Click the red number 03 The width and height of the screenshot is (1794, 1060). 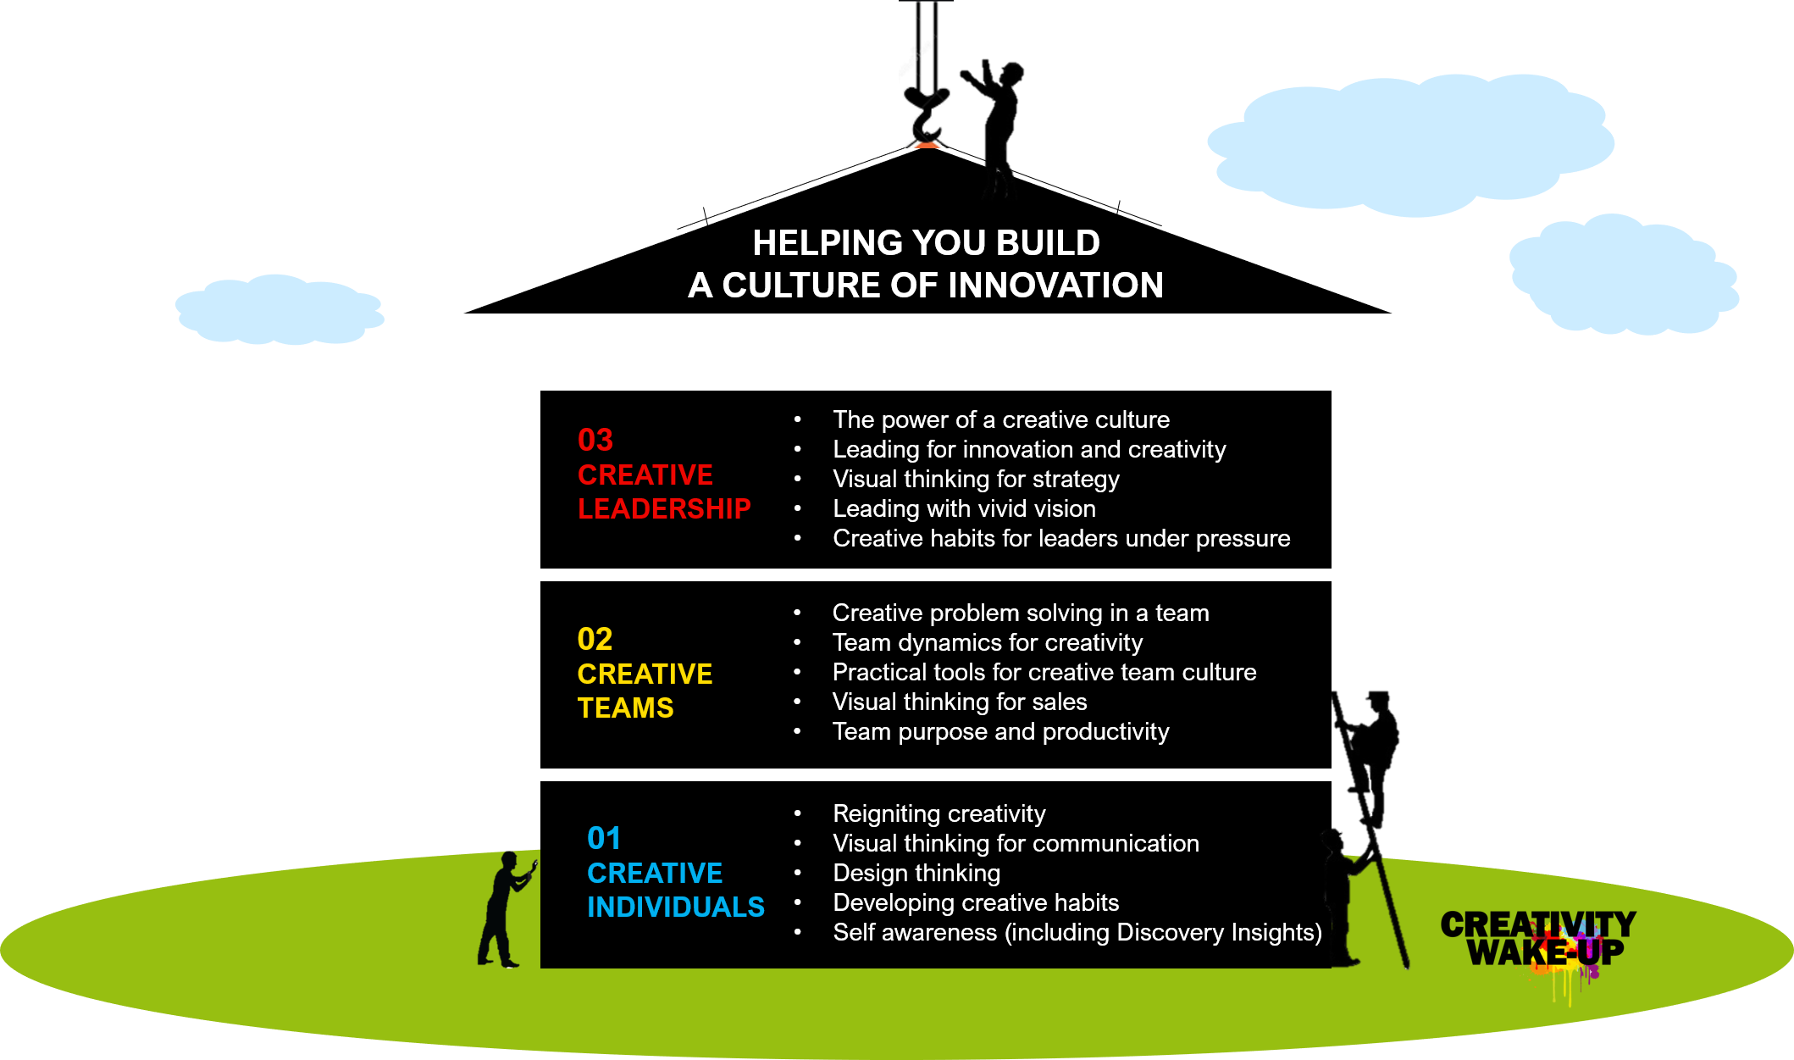[595, 440]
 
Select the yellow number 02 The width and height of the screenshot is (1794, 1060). [595, 639]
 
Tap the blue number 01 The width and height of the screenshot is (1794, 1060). [604, 838]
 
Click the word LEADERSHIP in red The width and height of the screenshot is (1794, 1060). [664, 508]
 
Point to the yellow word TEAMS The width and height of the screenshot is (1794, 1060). [625, 708]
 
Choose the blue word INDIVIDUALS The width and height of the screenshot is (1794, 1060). [675, 907]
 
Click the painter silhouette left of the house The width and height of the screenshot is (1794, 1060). [507, 909]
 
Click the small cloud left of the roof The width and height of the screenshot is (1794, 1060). [280, 309]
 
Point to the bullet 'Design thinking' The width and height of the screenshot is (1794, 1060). [916, 873]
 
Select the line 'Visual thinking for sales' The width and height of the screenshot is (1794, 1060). [960, 702]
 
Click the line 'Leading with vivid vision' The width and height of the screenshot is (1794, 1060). [964, 508]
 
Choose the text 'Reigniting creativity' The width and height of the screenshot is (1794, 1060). [939, 813]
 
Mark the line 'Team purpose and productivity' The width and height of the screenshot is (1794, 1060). [1000, 731]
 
